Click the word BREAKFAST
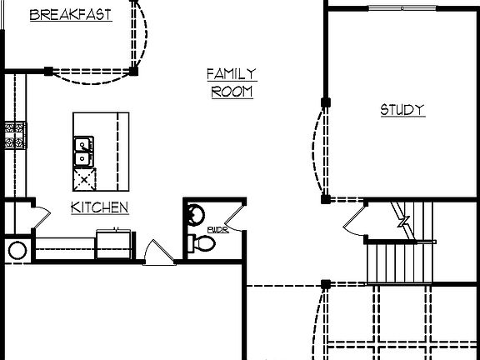[x=71, y=14]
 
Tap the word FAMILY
[x=232, y=74]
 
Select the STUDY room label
[x=402, y=110]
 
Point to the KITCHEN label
[x=99, y=207]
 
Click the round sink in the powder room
[x=194, y=214]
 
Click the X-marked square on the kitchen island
[x=84, y=179]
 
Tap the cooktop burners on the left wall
[x=15, y=135]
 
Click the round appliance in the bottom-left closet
[x=17, y=250]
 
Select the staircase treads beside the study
[x=400, y=262]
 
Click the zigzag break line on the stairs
[x=403, y=222]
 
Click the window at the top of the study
[x=402, y=8]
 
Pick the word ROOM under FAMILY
[x=232, y=92]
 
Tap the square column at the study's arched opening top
[x=326, y=102]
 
